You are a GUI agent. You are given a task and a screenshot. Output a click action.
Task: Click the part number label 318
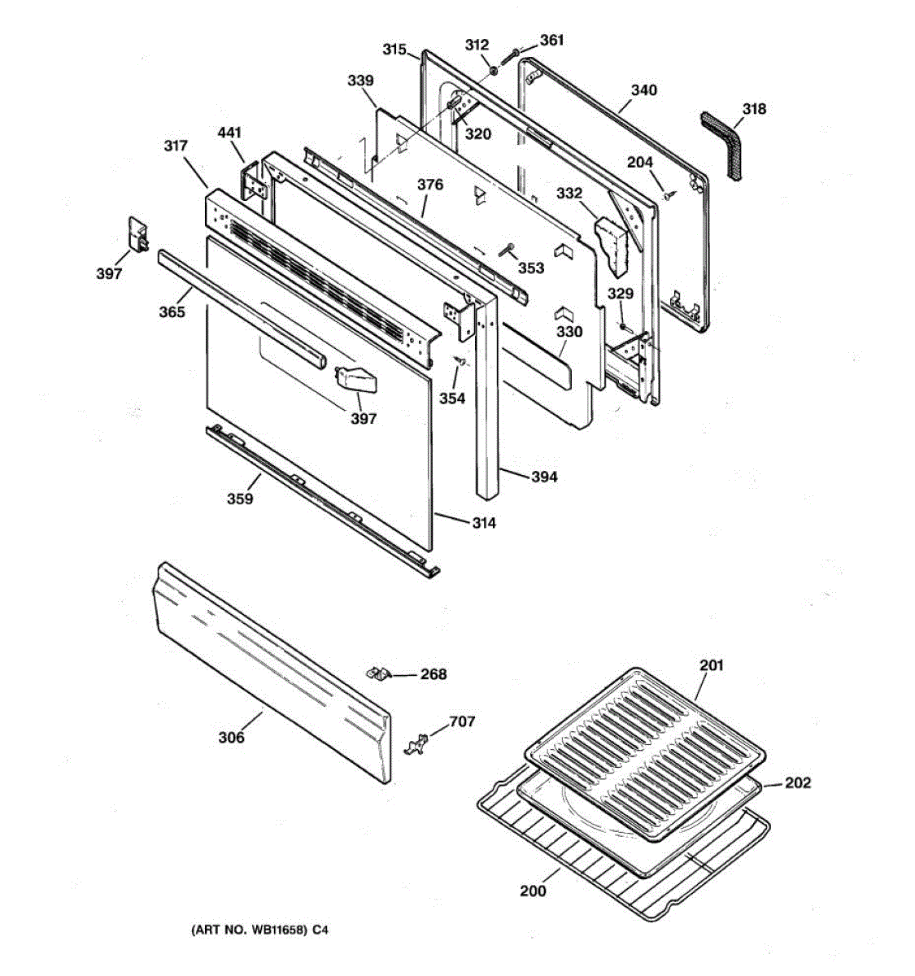(x=754, y=109)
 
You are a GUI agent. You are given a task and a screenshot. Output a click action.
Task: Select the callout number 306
(x=231, y=737)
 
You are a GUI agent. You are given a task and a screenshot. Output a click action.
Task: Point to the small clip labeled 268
(x=377, y=673)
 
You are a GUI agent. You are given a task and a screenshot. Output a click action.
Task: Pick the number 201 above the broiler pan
(x=712, y=665)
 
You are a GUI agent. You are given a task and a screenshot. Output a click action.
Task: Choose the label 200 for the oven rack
(x=534, y=891)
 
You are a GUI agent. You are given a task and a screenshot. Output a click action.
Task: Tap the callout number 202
(x=798, y=783)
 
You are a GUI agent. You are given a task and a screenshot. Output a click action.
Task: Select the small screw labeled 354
(x=460, y=360)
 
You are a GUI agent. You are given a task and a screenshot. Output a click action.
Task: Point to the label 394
(x=544, y=477)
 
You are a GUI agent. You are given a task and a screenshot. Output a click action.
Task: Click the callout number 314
(x=484, y=523)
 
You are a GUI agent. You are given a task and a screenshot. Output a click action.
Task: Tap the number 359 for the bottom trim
(x=240, y=499)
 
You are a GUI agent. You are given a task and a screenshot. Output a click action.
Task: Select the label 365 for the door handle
(x=172, y=312)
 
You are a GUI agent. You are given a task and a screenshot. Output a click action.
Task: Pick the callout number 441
(x=230, y=133)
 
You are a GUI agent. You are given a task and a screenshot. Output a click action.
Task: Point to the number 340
(x=643, y=90)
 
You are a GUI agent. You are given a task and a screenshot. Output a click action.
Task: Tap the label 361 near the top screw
(x=551, y=40)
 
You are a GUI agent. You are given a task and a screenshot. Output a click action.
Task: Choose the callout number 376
(x=430, y=185)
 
